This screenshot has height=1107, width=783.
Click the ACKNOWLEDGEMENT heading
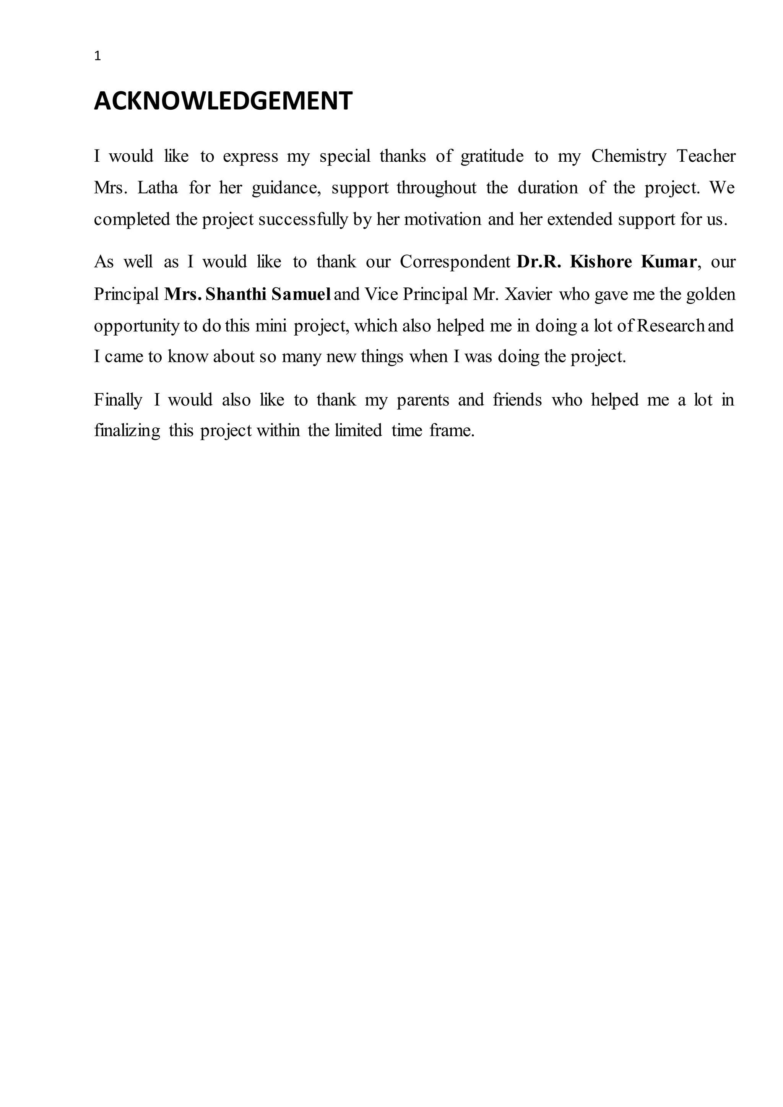(x=223, y=101)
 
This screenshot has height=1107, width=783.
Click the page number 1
(x=98, y=57)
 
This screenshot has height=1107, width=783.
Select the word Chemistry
(x=628, y=156)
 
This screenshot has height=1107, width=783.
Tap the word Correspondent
(x=455, y=262)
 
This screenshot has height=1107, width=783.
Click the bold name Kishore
(x=600, y=262)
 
